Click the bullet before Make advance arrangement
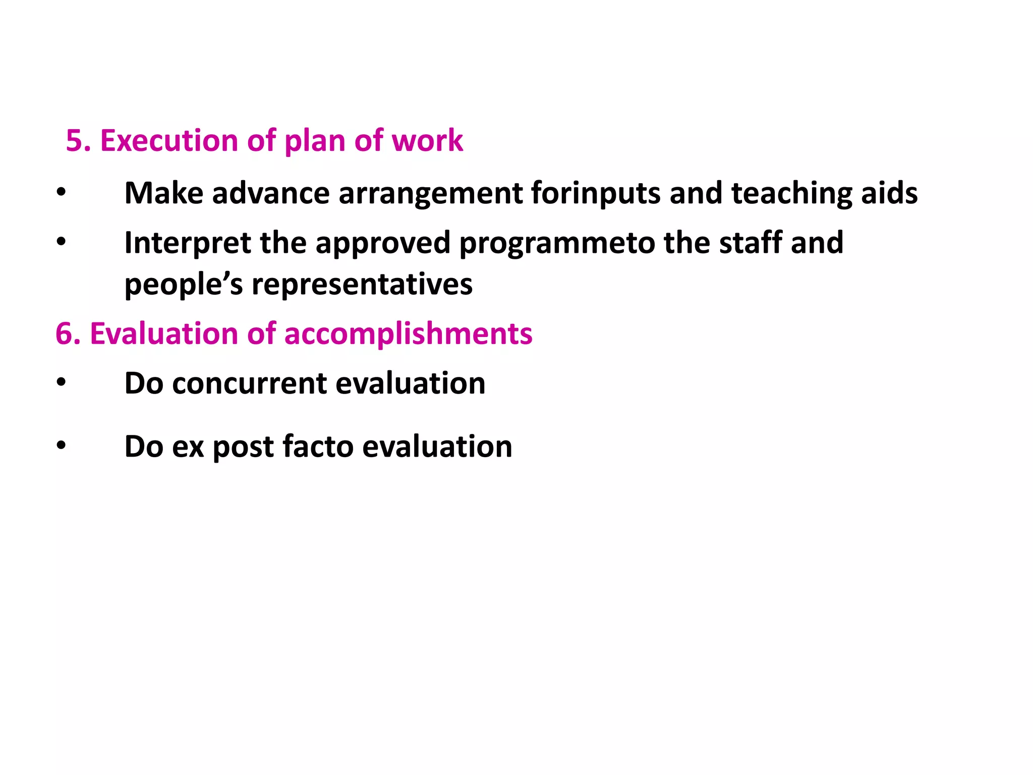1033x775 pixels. click(x=61, y=192)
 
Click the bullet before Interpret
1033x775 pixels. click(x=61, y=242)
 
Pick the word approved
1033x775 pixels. click(x=382, y=243)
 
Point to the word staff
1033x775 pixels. click(x=750, y=243)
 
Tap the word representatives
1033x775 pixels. click(x=362, y=284)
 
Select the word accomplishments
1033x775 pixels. click(x=408, y=334)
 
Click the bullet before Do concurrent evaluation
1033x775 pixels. click(x=61, y=382)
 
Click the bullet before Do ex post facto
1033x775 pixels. click(x=61, y=446)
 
